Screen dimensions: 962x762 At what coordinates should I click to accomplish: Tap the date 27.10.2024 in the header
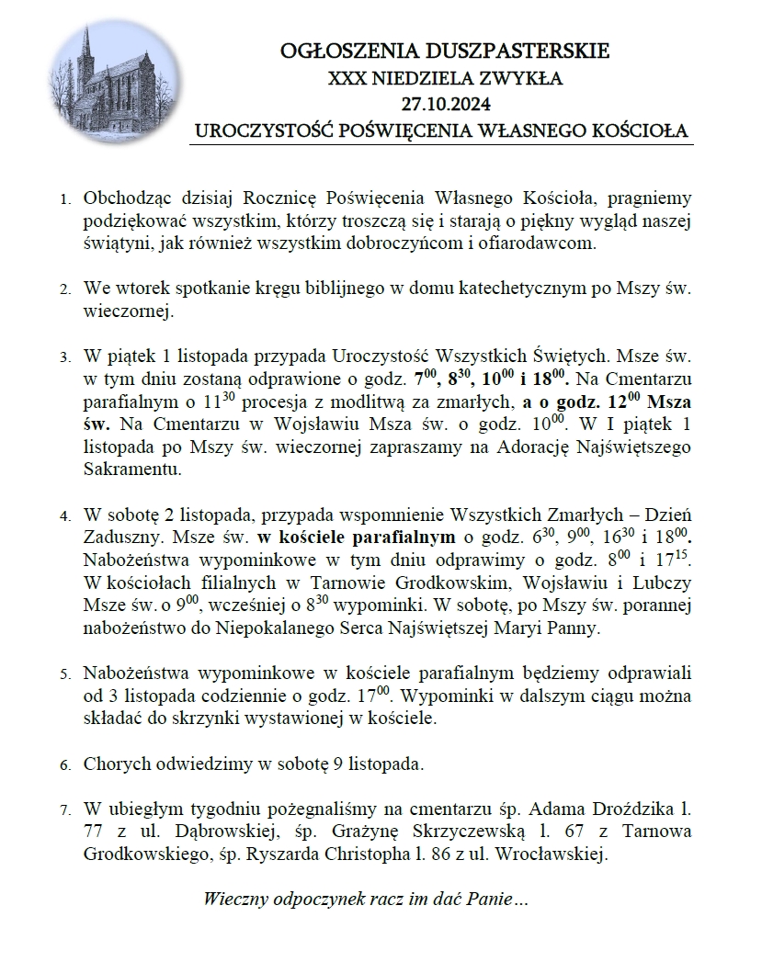[x=443, y=103]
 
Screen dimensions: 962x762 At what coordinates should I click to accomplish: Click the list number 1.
[x=64, y=198]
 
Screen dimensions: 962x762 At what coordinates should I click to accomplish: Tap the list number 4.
[x=64, y=514]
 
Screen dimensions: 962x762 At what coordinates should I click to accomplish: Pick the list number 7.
[x=64, y=810]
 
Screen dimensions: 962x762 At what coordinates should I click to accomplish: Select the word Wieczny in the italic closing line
[x=233, y=899]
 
